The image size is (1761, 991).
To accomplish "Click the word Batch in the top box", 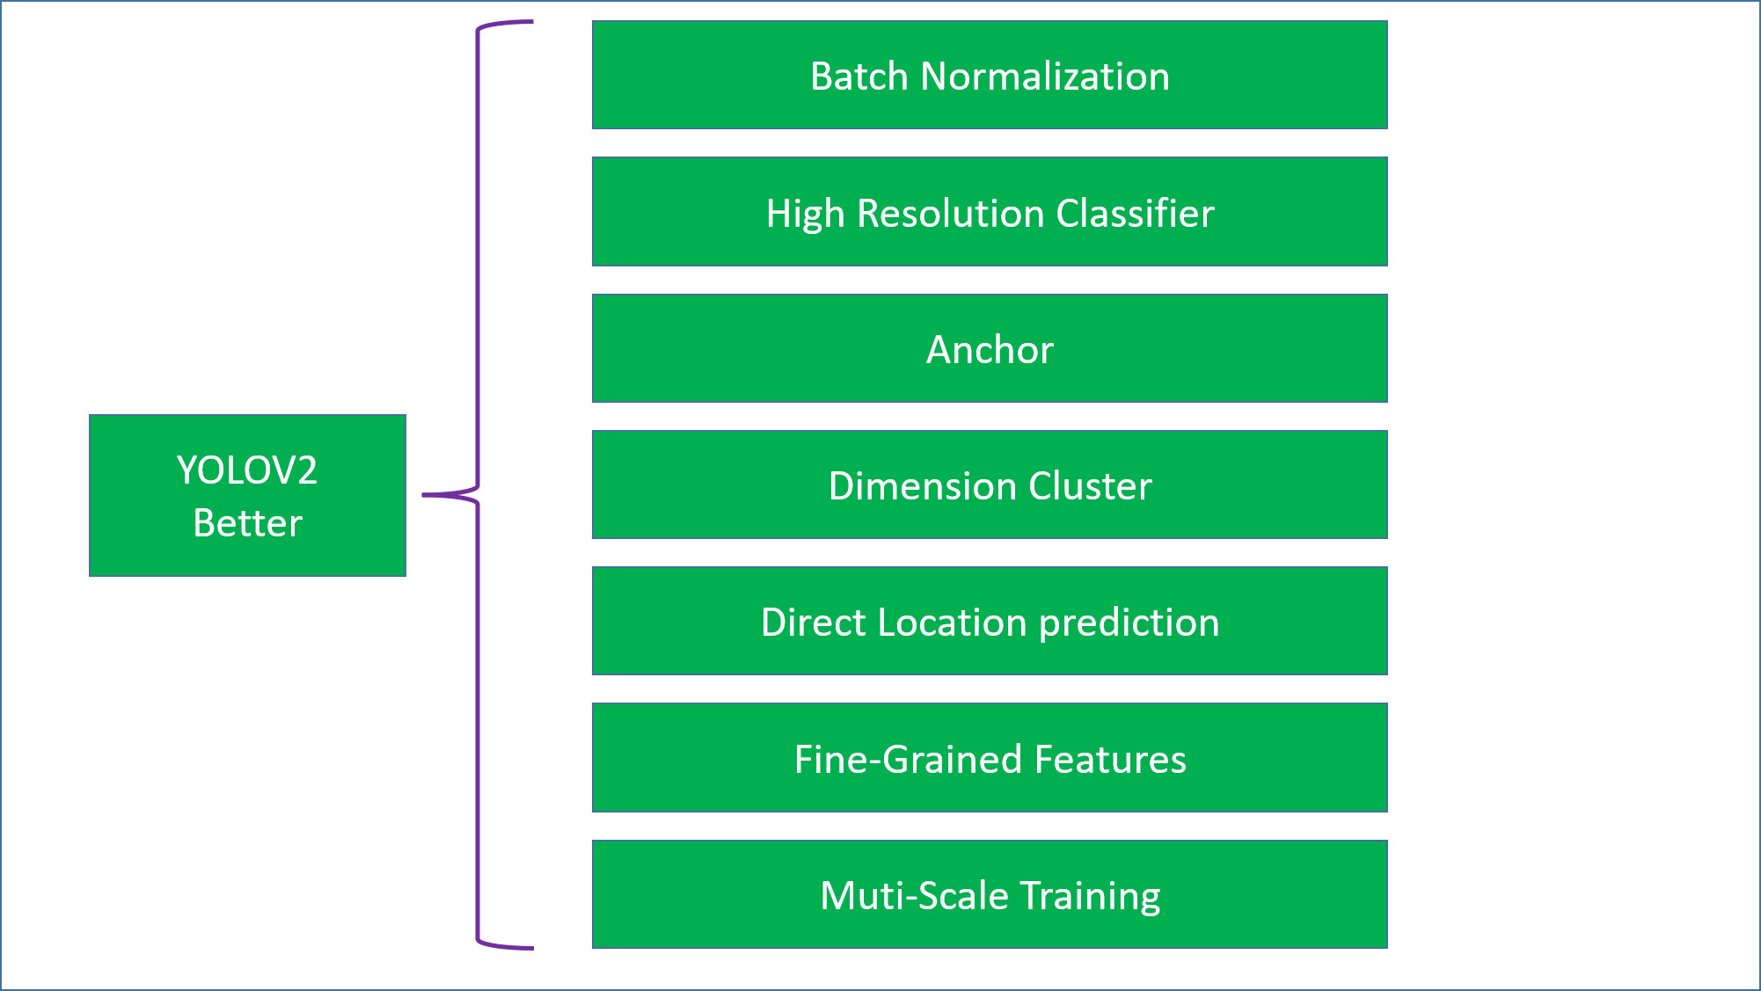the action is pos(859,77).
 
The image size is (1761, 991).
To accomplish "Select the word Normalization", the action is pos(1045,77).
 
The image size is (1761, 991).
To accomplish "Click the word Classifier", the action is pos(1136,214).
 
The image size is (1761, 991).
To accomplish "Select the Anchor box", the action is pos(990,348).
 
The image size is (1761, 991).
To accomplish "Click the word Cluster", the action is pos(1090,486).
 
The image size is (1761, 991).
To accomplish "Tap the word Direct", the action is pos(814,623).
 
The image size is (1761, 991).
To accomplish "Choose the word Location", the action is pos(953,623).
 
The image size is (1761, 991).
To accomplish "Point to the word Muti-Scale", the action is pos(914,896).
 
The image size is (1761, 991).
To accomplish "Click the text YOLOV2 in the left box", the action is pos(247,470).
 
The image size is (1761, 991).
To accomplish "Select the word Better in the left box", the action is pos(248,523).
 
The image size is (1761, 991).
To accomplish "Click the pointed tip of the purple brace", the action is pos(423,495).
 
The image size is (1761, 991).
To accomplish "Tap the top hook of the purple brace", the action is pos(505,24).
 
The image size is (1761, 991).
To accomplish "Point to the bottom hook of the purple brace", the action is pos(505,946).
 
